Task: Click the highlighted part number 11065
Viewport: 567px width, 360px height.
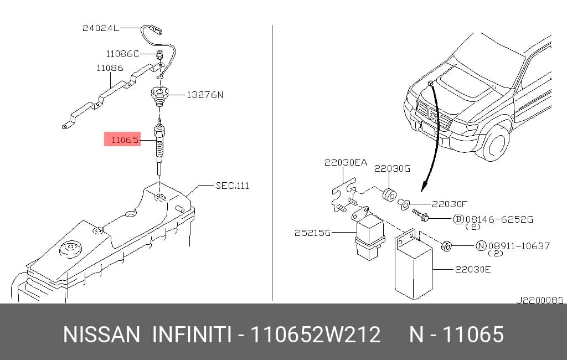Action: (x=125, y=140)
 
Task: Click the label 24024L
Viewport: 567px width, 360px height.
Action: (x=101, y=28)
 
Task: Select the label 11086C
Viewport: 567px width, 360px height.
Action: (x=122, y=54)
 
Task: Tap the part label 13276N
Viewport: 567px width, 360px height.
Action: (x=205, y=95)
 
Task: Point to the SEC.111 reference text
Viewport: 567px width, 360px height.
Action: (x=232, y=186)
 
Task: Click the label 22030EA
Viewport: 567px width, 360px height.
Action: (x=346, y=162)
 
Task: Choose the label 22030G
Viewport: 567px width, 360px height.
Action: (x=392, y=168)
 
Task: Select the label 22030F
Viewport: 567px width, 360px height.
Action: (x=450, y=204)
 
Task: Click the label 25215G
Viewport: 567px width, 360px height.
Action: (x=312, y=233)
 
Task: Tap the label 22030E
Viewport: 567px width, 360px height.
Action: (x=473, y=269)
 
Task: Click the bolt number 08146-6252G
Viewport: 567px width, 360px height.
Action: (x=499, y=219)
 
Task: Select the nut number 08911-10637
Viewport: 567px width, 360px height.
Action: (x=519, y=246)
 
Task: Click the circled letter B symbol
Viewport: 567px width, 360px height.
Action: (x=458, y=219)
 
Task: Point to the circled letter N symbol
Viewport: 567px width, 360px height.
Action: (x=481, y=246)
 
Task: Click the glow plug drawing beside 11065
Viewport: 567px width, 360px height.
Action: (x=159, y=147)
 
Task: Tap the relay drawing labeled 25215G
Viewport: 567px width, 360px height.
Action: (x=369, y=235)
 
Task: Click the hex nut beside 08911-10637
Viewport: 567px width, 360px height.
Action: (x=447, y=246)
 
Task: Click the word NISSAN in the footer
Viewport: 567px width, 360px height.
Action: (x=101, y=335)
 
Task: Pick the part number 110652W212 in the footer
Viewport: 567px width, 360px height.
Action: (x=316, y=335)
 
